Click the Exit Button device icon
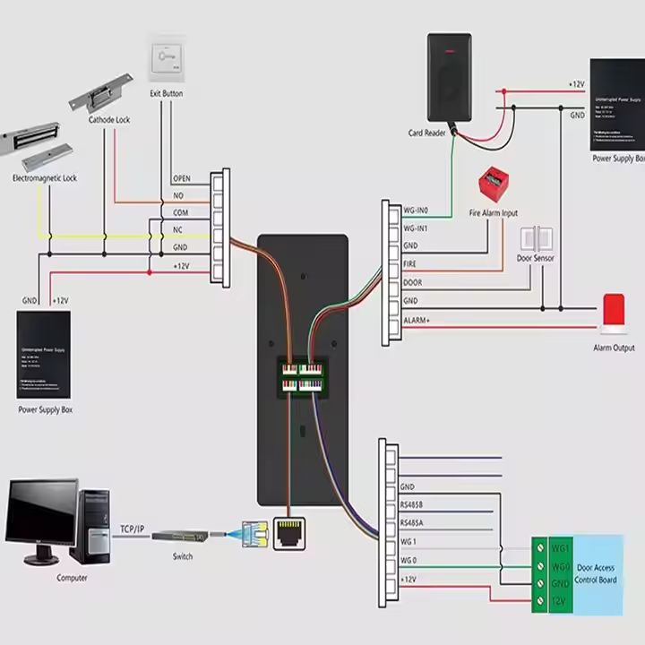[x=167, y=57]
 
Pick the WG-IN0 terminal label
[x=416, y=211]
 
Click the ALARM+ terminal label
[x=417, y=320]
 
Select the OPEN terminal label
[x=181, y=178]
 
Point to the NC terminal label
[x=177, y=228]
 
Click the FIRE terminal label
[x=410, y=265]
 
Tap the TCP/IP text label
[x=133, y=529]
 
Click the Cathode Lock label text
[x=109, y=119]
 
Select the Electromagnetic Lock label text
[x=44, y=178]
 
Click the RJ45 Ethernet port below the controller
[x=288, y=533]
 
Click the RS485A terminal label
[x=414, y=522]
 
